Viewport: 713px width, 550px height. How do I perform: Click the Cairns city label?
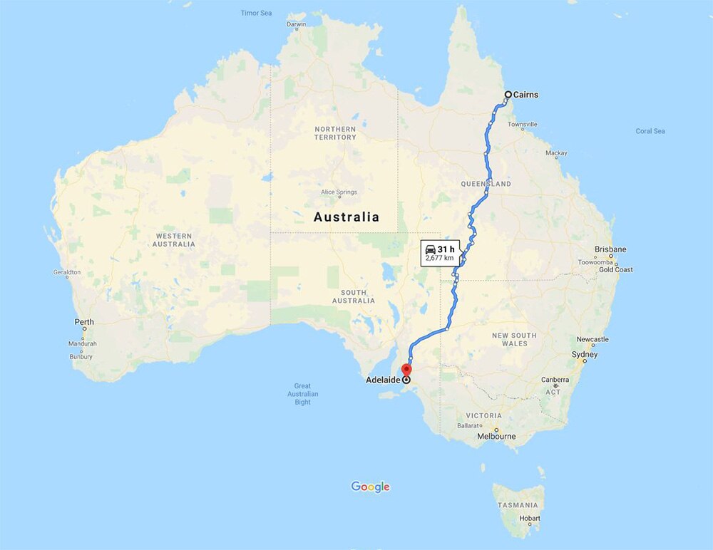[526, 95]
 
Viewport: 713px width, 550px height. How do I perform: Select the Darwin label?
[296, 24]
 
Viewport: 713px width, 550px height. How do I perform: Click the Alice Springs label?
[338, 192]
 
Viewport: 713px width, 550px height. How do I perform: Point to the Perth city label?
[84, 322]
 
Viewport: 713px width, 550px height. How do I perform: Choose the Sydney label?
[585, 355]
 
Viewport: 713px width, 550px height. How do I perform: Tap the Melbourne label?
[496, 436]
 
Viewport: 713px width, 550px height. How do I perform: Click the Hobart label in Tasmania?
[530, 517]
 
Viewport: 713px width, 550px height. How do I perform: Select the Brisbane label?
[611, 249]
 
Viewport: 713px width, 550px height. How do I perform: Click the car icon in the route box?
[431, 248]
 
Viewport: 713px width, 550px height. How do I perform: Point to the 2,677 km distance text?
[439, 258]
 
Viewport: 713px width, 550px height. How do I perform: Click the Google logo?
[370, 487]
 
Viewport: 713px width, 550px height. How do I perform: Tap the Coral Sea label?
[650, 131]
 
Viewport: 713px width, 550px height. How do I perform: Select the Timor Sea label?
[256, 13]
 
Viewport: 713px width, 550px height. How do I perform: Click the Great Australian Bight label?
[303, 394]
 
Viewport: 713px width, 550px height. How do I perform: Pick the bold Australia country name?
[347, 217]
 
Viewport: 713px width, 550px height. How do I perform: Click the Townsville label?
[523, 125]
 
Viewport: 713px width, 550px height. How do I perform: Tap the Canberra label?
[555, 380]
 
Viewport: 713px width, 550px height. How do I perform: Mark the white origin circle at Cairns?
[508, 95]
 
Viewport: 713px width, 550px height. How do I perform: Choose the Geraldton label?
[67, 272]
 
